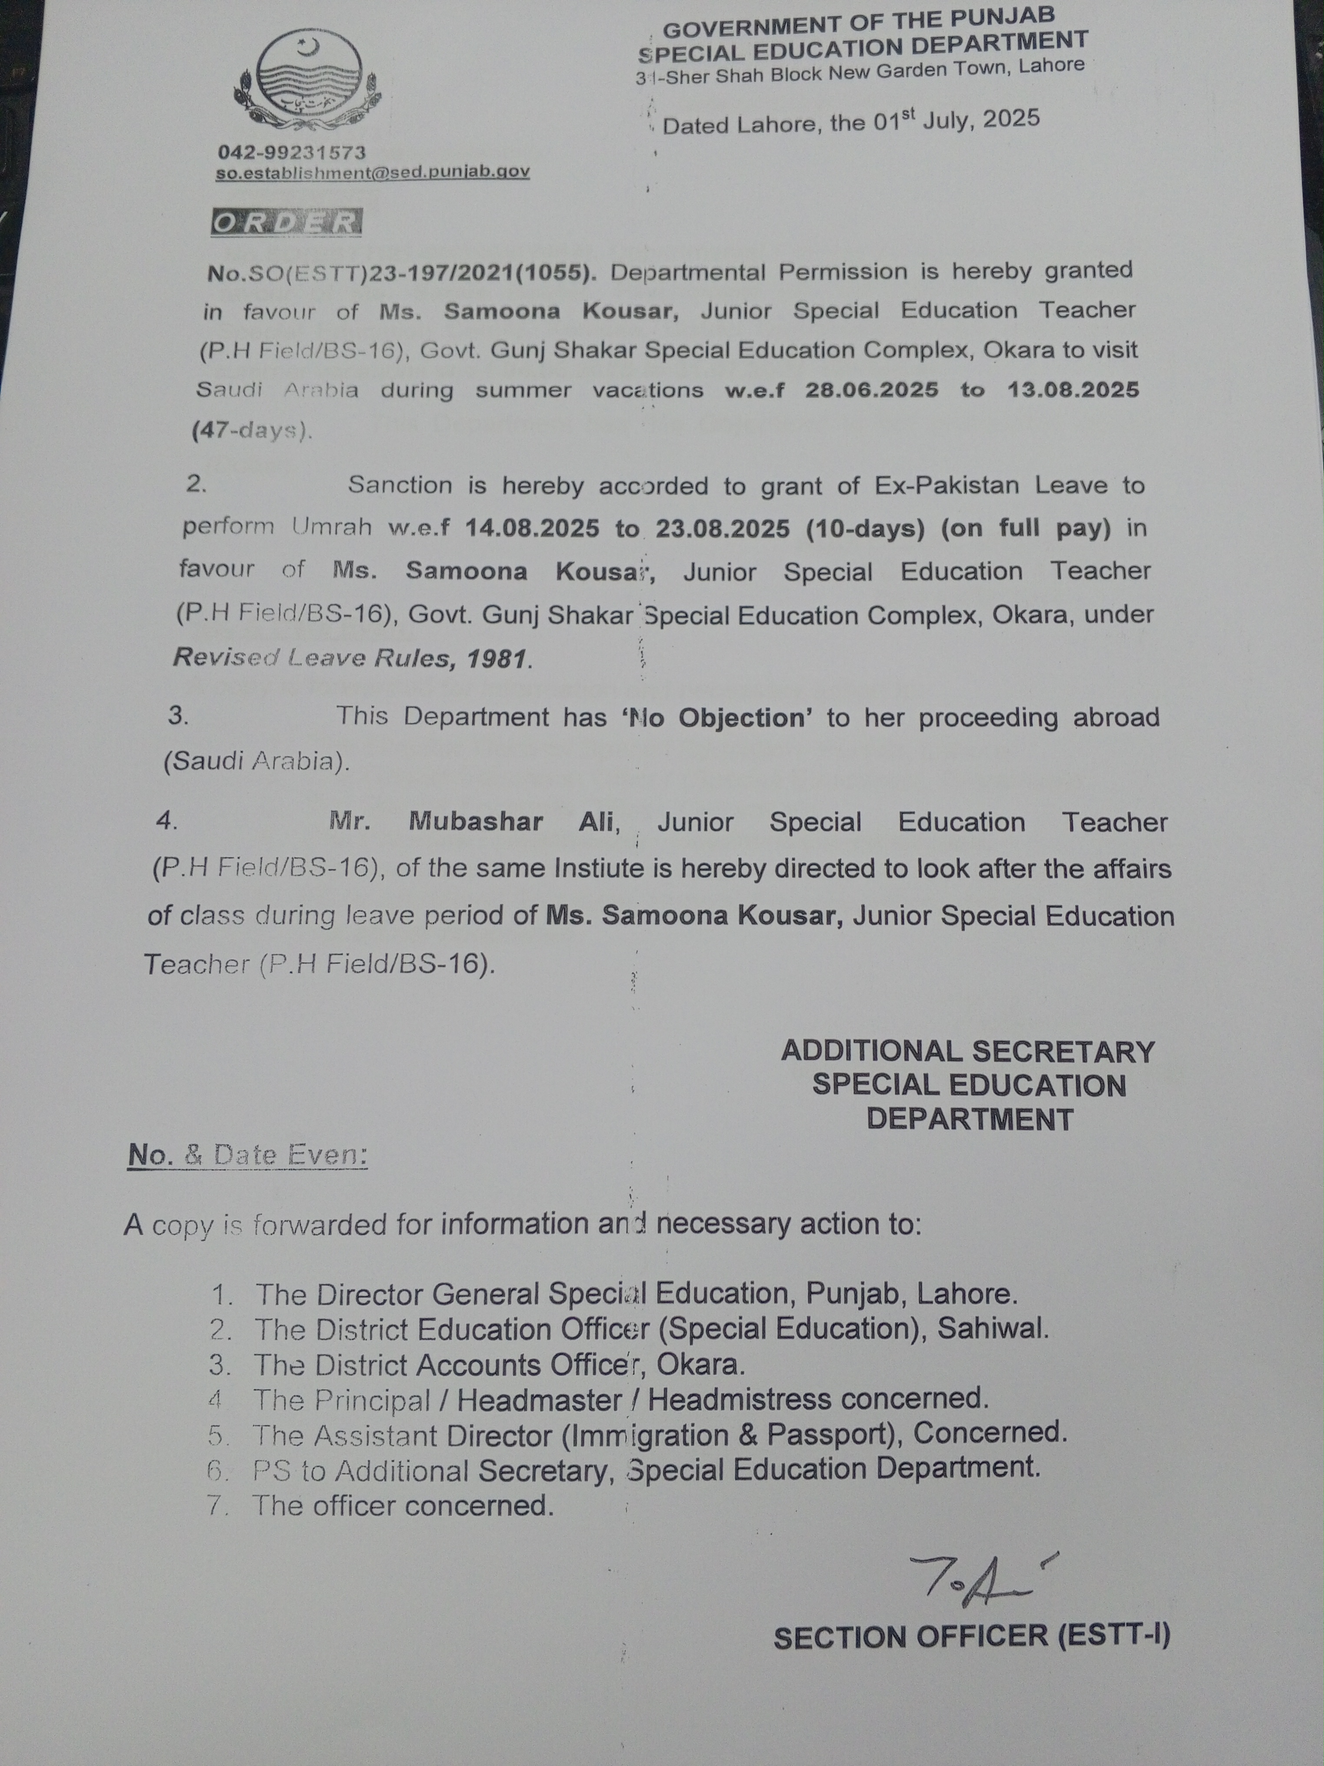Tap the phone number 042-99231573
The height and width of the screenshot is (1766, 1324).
291,152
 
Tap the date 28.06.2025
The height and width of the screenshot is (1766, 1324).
871,390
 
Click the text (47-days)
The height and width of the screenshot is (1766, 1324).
252,430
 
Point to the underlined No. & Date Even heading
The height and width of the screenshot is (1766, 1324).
248,1155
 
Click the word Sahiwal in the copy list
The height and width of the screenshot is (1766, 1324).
992,1328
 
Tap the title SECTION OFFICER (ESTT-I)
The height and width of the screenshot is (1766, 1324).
971,1637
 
